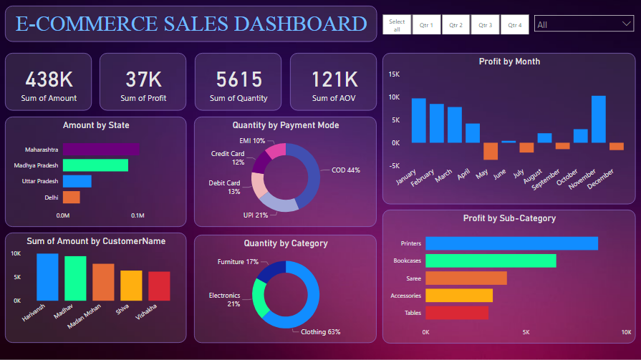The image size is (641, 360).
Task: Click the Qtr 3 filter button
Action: [486, 24]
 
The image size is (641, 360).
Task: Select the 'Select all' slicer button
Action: [397, 25]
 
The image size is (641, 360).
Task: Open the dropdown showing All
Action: [583, 24]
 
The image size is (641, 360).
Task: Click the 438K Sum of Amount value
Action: [49, 79]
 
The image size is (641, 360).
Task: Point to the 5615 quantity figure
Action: [238, 79]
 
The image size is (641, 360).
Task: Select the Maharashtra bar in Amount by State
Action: [101, 150]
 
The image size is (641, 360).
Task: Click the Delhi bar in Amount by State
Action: [71, 197]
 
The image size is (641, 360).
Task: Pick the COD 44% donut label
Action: [345, 170]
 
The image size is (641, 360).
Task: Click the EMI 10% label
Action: [252, 141]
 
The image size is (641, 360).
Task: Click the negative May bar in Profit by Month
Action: [491, 151]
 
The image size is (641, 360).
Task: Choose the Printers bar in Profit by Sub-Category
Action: [511, 243]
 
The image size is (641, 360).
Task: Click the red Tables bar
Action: [456, 313]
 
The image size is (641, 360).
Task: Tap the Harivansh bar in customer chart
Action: [47, 276]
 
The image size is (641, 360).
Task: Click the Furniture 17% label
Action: [238, 262]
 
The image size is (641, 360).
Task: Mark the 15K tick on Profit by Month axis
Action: [394, 74]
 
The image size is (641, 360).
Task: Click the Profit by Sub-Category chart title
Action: [509, 218]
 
